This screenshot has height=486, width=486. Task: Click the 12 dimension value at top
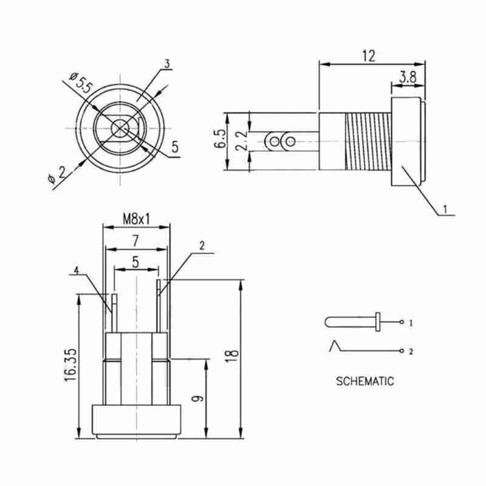point(369,56)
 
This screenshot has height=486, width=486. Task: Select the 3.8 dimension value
point(408,77)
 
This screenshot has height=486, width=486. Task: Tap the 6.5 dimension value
point(221,139)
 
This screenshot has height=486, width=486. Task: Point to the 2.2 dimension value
point(242,141)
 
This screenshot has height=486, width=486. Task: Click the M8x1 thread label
point(136,219)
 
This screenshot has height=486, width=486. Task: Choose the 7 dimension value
point(135,241)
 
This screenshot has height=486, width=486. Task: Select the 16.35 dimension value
point(70,365)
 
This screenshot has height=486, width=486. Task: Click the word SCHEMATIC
point(365,382)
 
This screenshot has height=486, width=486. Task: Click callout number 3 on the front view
point(168,64)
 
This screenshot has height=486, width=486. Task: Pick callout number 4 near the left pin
point(77,270)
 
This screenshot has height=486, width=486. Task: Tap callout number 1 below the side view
point(445,209)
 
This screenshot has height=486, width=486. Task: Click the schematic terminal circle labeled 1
point(402,322)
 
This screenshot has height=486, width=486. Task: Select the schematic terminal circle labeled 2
point(402,351)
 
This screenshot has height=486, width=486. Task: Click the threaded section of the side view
point(368,142)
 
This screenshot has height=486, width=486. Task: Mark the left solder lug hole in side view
point(275,142)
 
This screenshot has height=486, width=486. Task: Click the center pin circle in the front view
point(120,128)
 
